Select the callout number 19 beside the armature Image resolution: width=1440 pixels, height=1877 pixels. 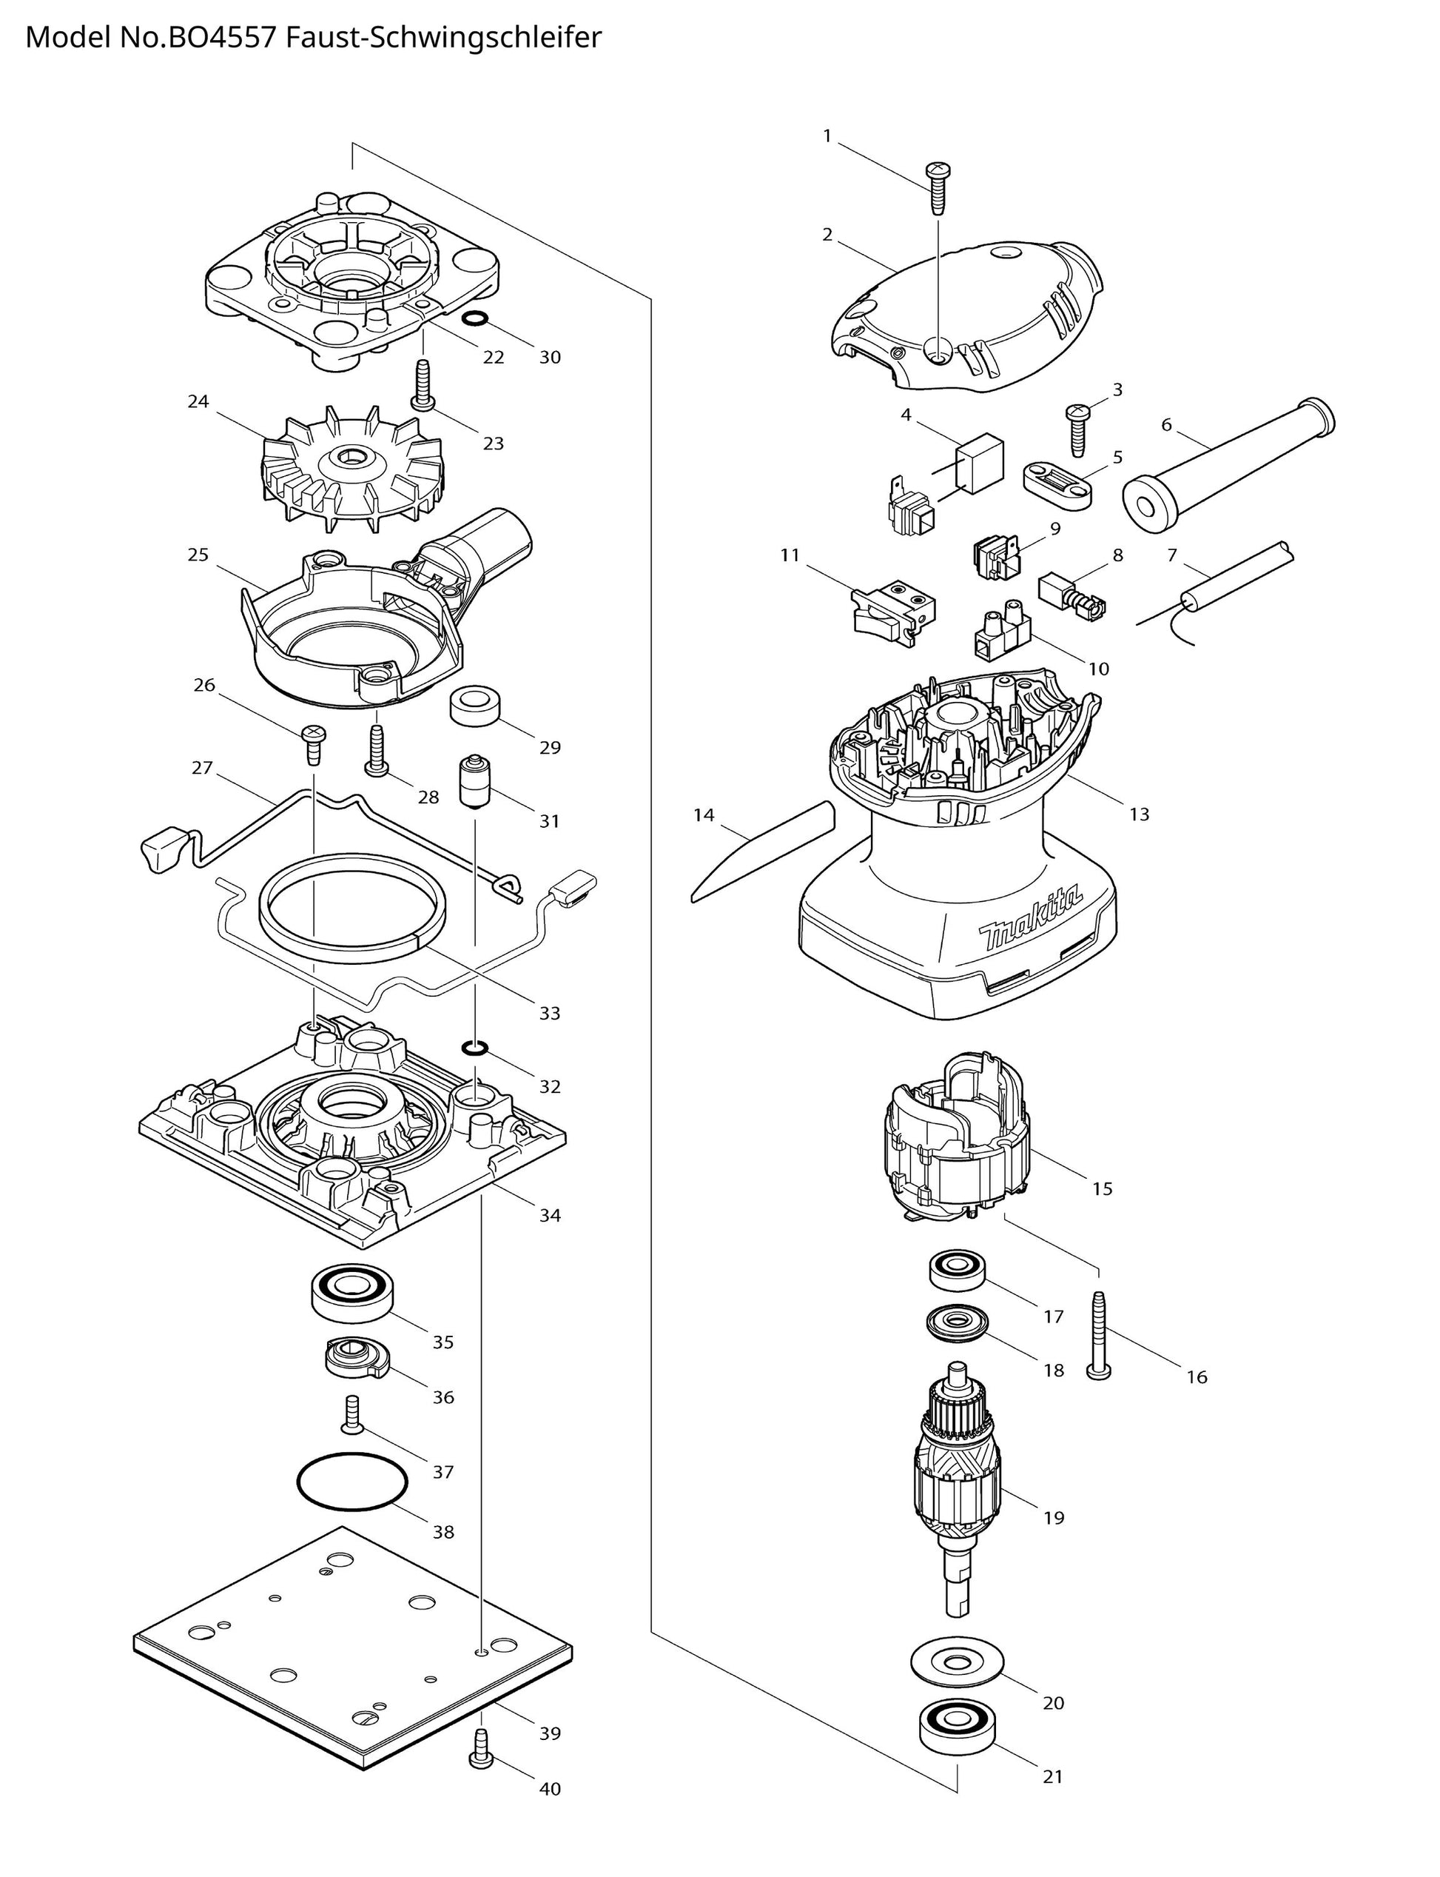[x=1054, y=1518]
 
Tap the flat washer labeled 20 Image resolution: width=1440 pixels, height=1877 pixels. [x=957, y=1662]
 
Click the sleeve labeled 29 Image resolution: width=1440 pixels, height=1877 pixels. [x=475, y=705]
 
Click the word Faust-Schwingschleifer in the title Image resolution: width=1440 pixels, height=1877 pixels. [x=444, y=38]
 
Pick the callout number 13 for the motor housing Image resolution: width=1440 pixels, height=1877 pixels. [x=1138, y=814]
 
